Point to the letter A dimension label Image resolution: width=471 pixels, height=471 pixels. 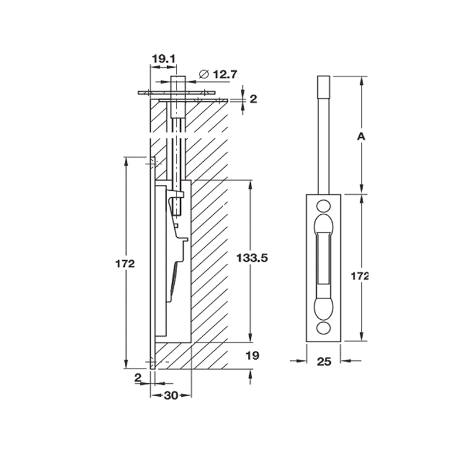pos(362,137)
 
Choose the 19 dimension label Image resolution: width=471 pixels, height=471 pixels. pos(252,356)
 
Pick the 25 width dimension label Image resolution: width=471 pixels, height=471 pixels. pos(324,361)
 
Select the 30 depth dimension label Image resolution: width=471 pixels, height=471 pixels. pos(171,396)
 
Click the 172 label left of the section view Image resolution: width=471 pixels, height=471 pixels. pos(127,263)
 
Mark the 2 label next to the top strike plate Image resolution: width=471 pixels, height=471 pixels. pos(253,99)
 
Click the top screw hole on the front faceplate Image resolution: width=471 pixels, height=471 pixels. pos(323,205)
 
